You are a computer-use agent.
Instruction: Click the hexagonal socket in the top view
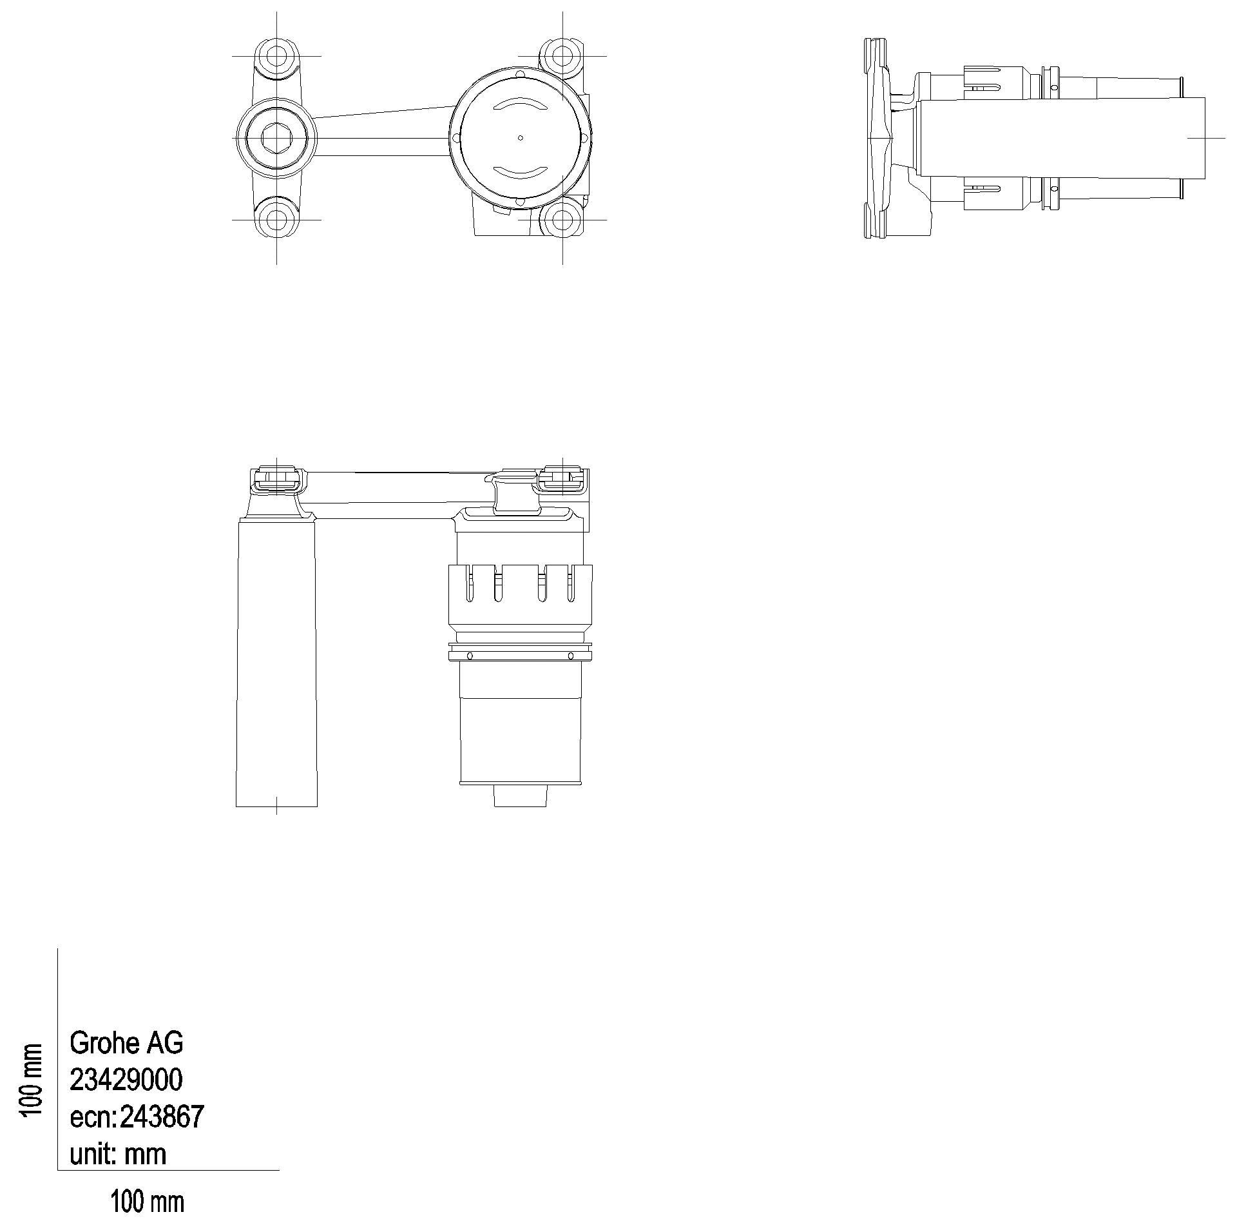coord(277,137)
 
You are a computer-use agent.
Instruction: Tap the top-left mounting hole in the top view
coord(277,56)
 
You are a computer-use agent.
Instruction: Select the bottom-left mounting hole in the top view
coord(277,219)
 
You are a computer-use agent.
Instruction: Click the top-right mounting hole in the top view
coord(562,56)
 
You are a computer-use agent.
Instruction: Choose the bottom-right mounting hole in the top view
coord(562,219)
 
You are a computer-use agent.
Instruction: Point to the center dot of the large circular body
coord(521,137)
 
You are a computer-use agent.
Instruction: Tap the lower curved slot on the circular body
coord(521,171)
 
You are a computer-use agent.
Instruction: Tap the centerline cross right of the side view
coord(1205,137)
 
